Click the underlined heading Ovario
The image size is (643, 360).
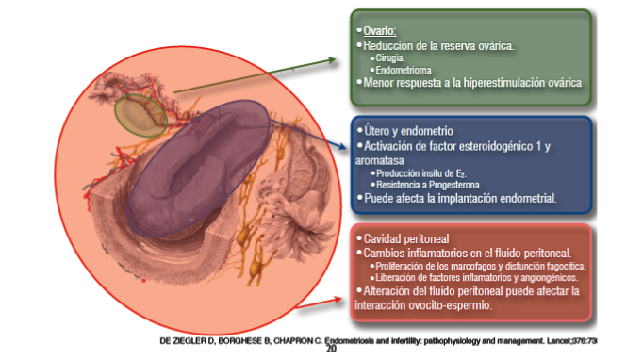pos(380,31)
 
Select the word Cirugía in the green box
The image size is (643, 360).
pos(390,58)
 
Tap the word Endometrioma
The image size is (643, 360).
pos(404,70)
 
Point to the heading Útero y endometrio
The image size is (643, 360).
pos(408,131)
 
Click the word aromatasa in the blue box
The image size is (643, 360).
pos(380,160)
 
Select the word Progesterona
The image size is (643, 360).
pos(455,185)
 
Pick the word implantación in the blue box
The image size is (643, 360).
pos(472,199)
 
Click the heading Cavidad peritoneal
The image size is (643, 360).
pos(406,238)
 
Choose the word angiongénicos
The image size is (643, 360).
pos(549,278)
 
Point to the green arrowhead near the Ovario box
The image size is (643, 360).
pos(332,60)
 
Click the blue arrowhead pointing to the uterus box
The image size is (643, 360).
pos(342,145)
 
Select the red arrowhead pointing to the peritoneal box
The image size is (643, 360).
pos(338,300)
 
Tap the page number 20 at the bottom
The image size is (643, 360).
pos(331,349)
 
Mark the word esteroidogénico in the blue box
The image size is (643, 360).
pos(476,146)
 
